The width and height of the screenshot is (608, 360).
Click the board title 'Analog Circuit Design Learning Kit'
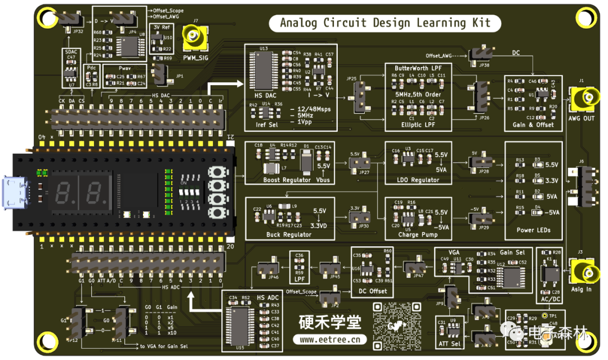coord(386,23)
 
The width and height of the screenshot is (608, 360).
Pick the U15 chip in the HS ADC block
coord(240,322)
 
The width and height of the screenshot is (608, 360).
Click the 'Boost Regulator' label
coord(287,180)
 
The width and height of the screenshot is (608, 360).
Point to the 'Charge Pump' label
coord(418,234)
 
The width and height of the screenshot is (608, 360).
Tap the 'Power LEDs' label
coord(533,230)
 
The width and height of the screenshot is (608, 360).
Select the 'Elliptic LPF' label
coord(419,125)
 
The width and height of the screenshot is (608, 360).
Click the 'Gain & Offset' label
coord(533,125)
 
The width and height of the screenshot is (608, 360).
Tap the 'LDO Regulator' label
coord(417,180)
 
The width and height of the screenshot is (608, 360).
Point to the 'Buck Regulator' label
coord(289,234)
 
